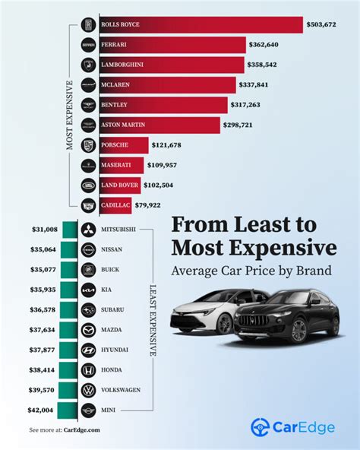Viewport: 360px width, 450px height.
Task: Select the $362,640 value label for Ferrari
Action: pyautogui.click(x=267, y=45)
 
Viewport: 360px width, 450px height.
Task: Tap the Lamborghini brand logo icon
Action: pyautogui.click(x=89, y=65)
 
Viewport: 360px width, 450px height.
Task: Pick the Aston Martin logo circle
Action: pyautogui.click(x=89, y=124)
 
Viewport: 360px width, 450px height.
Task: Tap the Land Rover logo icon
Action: pyautogui.click(x=89, y=184)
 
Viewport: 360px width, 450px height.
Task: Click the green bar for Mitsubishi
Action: pyautogui.click(x=68, y=230)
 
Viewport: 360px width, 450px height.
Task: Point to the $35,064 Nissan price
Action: pyautogui.click(x=43, y=249)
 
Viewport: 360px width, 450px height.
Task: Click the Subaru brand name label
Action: pyautogui.click(x=115, y=309)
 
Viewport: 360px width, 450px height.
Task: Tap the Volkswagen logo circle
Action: pyautogui.click(x=88, y=390)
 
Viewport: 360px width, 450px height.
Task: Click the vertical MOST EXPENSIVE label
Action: pyautogui.click(x=69, y=114)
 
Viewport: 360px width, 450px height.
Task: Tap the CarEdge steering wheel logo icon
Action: pyautogui.click(x=261, y=427)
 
